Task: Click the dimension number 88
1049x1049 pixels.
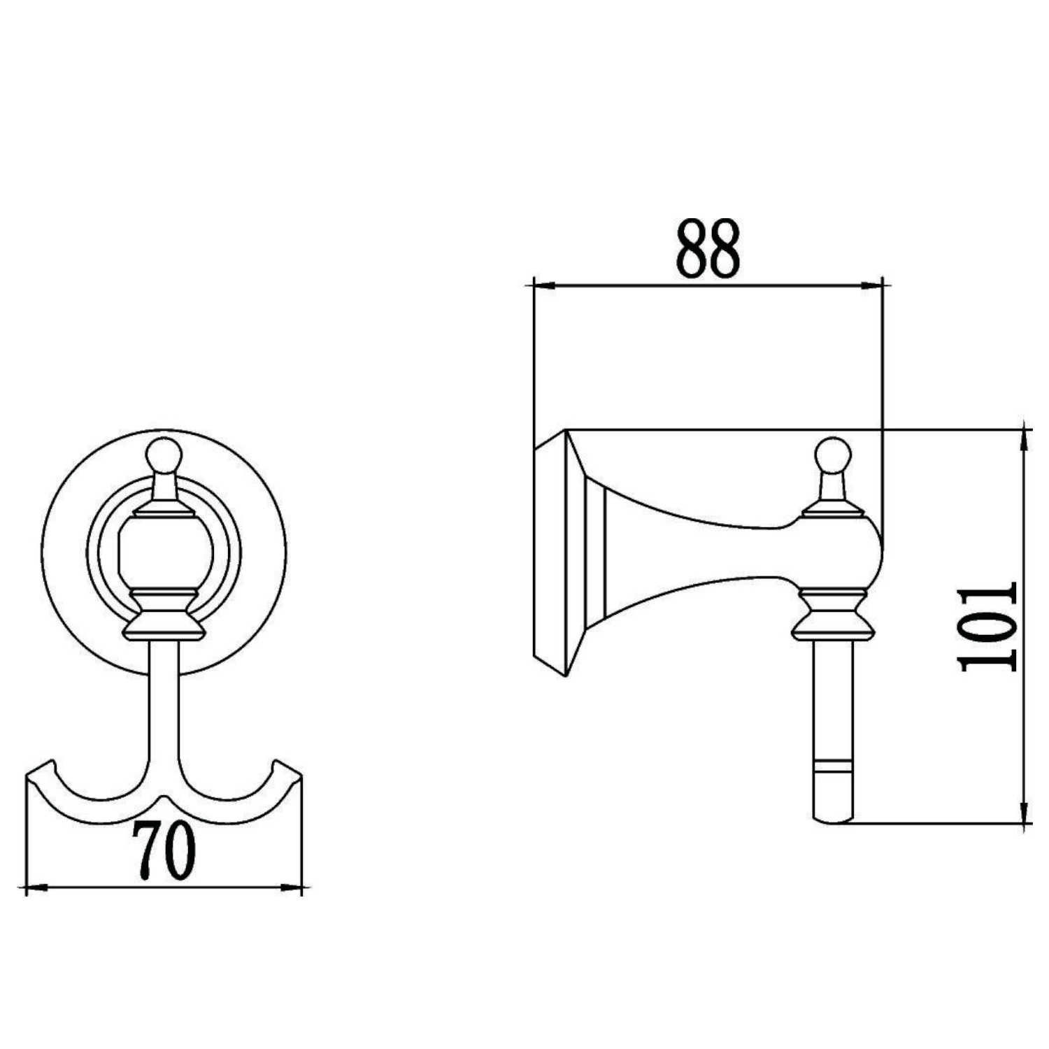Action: coord(707,250)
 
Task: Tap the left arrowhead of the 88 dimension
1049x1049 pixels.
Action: coord(544,285)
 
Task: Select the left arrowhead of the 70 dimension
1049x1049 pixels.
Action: coord(36,888)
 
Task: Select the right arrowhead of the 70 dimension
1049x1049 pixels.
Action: coord(292,888)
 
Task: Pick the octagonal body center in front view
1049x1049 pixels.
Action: coord(164,552)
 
